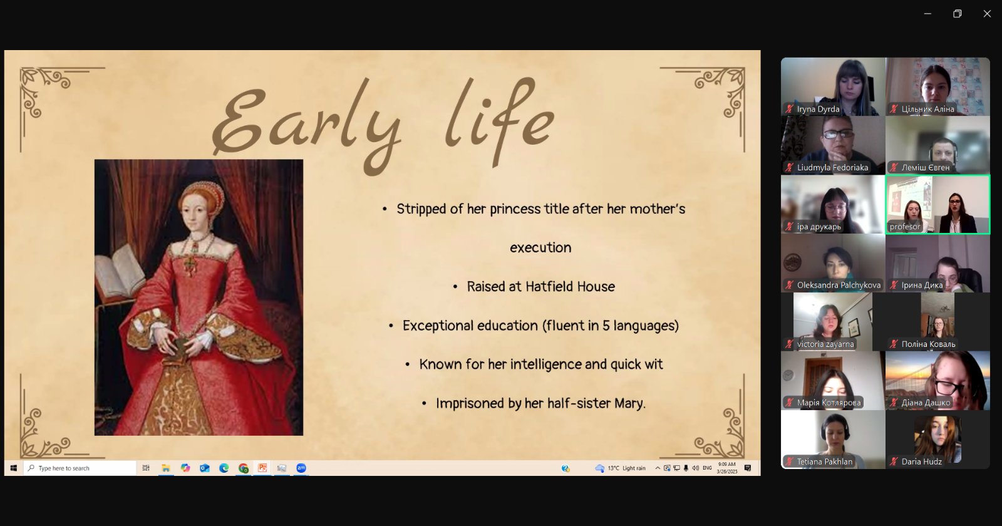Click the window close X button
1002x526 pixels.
coord(987,14)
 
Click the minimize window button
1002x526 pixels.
coord(927,14)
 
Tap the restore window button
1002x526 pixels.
coord(958,14)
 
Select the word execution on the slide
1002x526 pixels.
coord(540,247)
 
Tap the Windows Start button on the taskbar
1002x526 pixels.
coord(13,468)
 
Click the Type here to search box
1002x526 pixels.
coord(80,468)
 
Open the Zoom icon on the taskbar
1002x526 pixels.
coord(301,468)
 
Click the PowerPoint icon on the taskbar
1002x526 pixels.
coord(262,468)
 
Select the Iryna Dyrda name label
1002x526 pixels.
coord(818,109)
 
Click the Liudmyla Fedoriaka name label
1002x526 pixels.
coord(832,168)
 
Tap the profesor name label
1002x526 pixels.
coord(905,226)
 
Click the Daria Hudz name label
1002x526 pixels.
coord(921,462)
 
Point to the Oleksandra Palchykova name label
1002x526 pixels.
coord(839,286)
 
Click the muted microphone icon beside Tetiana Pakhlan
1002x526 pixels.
coord(790,462)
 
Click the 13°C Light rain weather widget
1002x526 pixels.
coord(621,468)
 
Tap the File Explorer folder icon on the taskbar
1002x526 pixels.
coord(165,468)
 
